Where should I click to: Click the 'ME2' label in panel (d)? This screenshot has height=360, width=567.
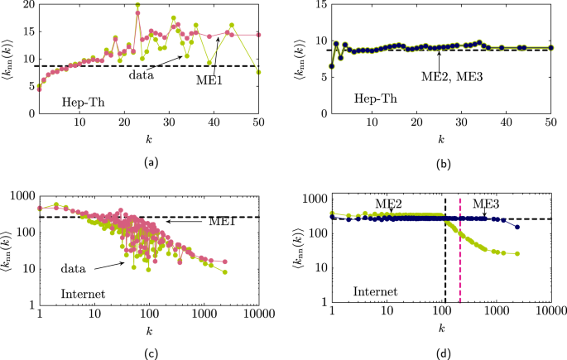389,202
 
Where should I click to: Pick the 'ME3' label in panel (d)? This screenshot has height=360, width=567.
486,202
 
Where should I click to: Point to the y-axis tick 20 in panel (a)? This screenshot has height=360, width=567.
27,5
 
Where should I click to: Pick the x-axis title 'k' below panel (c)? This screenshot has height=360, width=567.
149,329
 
